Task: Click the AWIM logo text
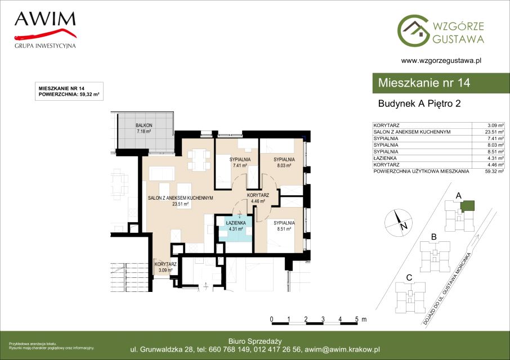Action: click(45, 19)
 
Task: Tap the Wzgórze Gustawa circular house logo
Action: click(413, 30)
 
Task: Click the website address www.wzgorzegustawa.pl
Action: click(441, 60)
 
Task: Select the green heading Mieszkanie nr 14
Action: click(424, 83)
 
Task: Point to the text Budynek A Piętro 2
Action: click(419, 103)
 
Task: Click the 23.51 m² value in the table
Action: click(494, 132)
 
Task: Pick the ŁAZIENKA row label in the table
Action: click(385, 158)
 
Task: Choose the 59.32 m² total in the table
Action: click(494, 171)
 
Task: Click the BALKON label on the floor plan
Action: click(144, 125)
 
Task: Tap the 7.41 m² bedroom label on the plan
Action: click(240, 165)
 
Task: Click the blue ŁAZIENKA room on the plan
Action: click(236, 229)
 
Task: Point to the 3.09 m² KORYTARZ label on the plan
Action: click(165, 270)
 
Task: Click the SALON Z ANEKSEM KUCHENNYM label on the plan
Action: click(181, 198)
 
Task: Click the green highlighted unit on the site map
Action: click(468, 206)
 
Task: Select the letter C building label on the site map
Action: click(409, 278)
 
